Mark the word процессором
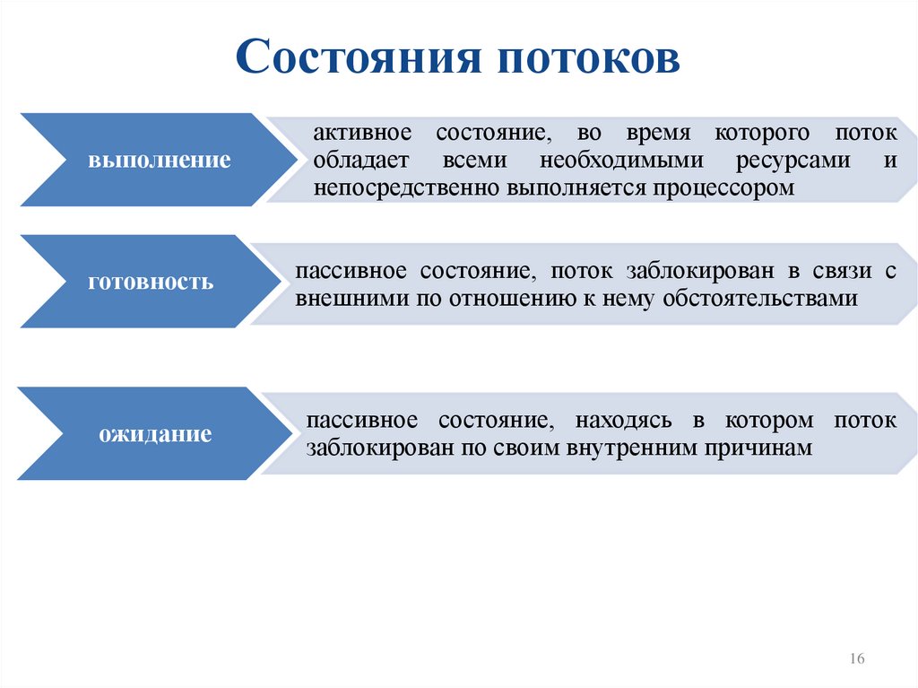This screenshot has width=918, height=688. click(723, 188)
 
